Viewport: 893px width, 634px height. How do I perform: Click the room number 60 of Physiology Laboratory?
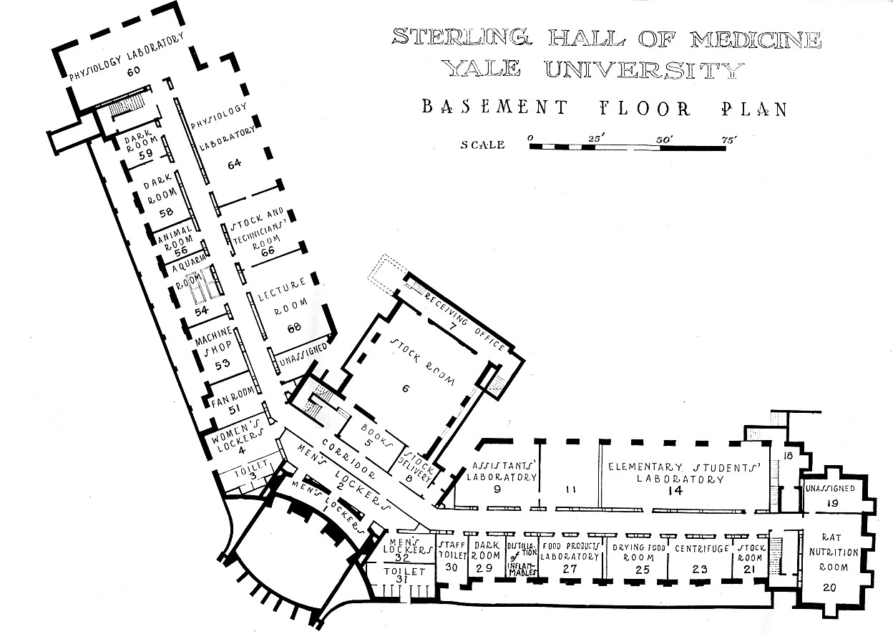(x=134, y=71)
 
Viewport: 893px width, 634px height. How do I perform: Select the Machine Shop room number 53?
(x=223, y=364)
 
